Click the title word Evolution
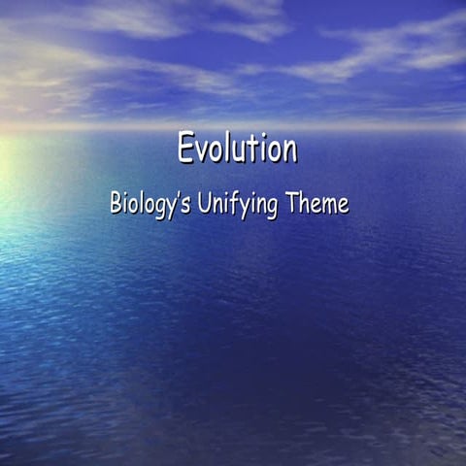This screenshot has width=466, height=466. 237,149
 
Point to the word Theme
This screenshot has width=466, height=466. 318,205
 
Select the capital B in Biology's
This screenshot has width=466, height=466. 116,205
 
